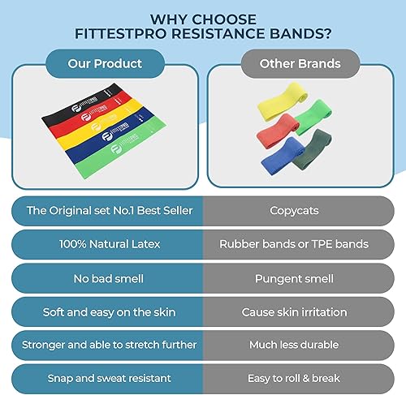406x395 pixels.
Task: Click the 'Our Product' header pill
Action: click(106, 63)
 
